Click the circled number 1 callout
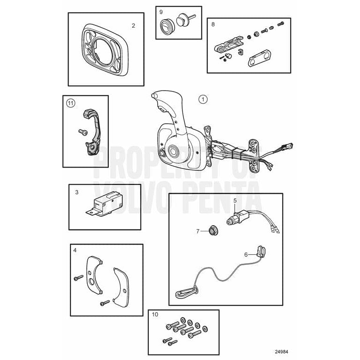point(203,100)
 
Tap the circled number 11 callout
point(71,103)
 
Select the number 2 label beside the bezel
point(133,26)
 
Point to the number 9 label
point(161,11)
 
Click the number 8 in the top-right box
point(213,24)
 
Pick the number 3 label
point(77,192)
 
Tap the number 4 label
point(75,250)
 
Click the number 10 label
point(155,314)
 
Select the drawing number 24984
point(282,352)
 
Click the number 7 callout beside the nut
point(198,231)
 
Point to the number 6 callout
point(246,254)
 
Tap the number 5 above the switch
point(235,200)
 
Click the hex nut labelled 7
point(213,230)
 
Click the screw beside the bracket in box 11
point(83,132)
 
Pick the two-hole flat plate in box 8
point(259,58)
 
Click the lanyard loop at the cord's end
point(187,293)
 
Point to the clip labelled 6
point(261,252)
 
